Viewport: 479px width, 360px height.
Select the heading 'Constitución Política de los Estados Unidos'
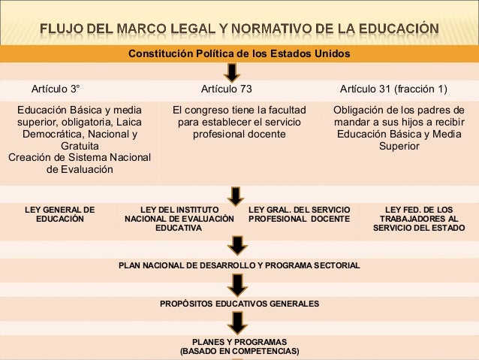(x=239, y=53)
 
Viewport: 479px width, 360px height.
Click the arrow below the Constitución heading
(x=233, y=71)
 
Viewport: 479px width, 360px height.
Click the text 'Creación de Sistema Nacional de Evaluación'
(x=79, y=163)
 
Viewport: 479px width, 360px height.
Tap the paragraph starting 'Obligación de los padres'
(x=399, y=128)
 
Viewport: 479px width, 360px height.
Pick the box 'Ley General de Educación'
(x=60, y=213)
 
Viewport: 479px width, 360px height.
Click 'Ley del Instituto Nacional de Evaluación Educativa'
(x=179, y=218)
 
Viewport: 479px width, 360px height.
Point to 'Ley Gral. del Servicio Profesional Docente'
(x=299, y=213)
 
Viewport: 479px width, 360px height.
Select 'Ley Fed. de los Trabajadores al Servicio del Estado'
(x=418, y=218)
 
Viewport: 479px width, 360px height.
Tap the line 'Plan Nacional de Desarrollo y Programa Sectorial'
(x=239, y=266)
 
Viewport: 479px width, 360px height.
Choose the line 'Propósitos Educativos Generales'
(x=239, y=304)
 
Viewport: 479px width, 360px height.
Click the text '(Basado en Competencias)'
(x=239, y=351)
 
